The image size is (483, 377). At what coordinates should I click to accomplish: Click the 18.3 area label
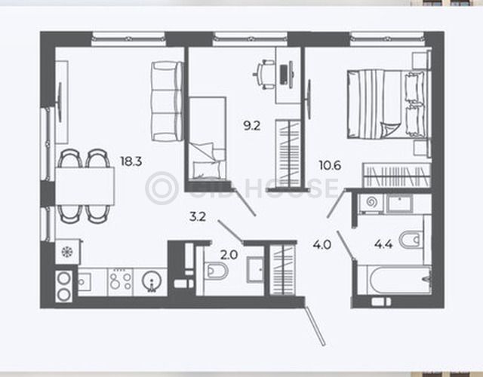pos(131,161)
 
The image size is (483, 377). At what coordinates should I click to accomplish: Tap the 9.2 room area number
pos(251,126)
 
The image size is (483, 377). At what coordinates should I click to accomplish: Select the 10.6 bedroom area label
pos(330,166)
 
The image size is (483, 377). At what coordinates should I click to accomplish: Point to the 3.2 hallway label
pos(198,217)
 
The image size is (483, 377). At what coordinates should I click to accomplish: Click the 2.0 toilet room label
pos(229,255)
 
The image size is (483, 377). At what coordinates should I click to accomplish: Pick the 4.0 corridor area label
pos(322,245)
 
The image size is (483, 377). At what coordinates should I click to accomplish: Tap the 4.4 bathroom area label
pos(383,244)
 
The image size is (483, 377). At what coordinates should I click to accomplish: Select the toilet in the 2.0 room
pos(217,271)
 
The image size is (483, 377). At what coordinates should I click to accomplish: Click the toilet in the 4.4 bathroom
pos(411,240)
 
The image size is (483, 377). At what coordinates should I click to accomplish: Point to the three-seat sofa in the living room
pos(167,101)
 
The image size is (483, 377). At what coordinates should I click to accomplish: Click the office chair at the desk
pos(263,74)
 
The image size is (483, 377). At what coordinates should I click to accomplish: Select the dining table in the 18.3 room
pos(85,186)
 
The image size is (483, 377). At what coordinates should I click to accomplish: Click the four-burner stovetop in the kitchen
pos(120,281)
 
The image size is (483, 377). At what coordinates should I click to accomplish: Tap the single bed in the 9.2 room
pos(208,137)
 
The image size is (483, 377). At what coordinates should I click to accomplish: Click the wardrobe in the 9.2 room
pos(288,153)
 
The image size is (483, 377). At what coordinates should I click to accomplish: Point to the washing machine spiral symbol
pos(372,203)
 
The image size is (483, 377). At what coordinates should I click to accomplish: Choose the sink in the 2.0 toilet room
pos(255,270)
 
